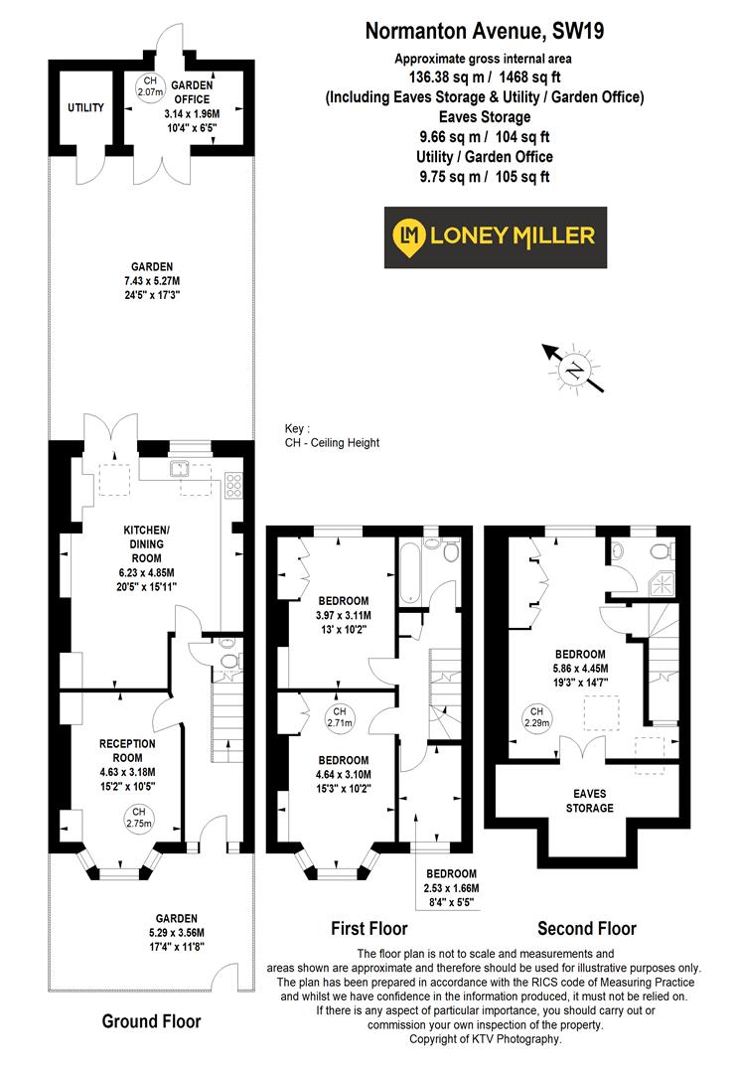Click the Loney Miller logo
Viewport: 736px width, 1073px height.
(495, 236)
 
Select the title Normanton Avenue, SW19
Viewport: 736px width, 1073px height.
(485, 32)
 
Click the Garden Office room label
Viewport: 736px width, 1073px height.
(192, 91)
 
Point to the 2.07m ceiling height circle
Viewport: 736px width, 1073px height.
(150, 86)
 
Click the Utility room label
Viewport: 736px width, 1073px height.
(85, 107)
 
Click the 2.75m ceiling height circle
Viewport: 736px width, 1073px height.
(118, 817)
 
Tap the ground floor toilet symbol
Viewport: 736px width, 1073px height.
(227, 658)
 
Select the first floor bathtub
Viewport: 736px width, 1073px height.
(410, 575)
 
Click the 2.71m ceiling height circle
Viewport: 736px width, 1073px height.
(339, 717)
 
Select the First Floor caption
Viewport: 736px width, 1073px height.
(368, 929)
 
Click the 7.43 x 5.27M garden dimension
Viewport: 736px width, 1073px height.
(150, 280)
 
